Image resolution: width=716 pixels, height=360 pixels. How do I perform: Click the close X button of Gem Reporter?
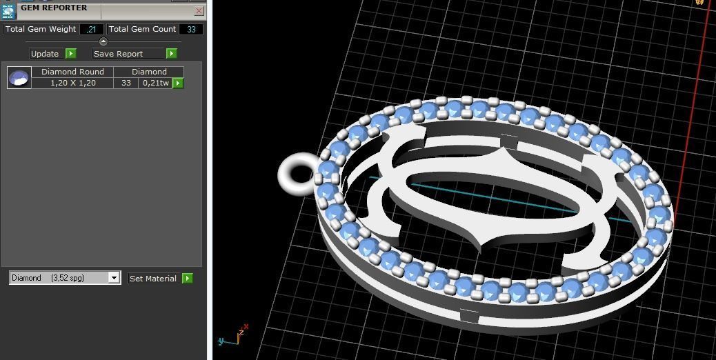tap(199, 11)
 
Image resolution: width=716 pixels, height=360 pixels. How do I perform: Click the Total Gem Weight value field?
tap(92, 29)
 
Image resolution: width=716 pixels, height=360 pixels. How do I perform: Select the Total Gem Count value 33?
tap(191, 29)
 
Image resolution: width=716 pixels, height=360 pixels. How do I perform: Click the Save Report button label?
tap(118, 54)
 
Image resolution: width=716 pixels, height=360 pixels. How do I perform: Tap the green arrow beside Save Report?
tap(172, 54)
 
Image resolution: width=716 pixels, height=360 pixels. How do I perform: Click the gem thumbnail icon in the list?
tap(19, 77)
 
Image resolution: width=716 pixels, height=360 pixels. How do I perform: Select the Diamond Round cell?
tap(72, 72)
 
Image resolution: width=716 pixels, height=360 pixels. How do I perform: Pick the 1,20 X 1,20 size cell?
tap(72, 83)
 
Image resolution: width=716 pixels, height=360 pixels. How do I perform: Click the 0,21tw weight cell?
tap(155, 83)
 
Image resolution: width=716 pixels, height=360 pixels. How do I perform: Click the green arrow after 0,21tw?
tap(178, 83)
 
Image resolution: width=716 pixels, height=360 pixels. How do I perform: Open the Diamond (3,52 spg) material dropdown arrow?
tap(114, 278)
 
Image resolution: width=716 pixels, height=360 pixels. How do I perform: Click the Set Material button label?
tap(153, 279)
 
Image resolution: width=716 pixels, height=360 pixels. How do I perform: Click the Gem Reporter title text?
tap(54, 8)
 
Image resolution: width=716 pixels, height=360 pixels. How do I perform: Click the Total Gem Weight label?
tap(40, 29)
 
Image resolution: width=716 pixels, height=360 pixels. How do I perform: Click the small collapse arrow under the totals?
tap(103, 41)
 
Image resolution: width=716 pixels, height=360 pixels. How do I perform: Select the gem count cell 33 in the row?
tap(126, 83)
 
